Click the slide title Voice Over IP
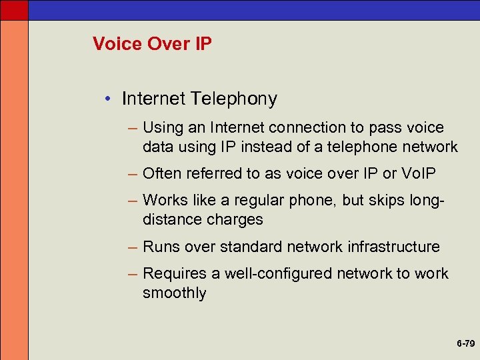[x=152, y=45]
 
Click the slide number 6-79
[x=465, y=344]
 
